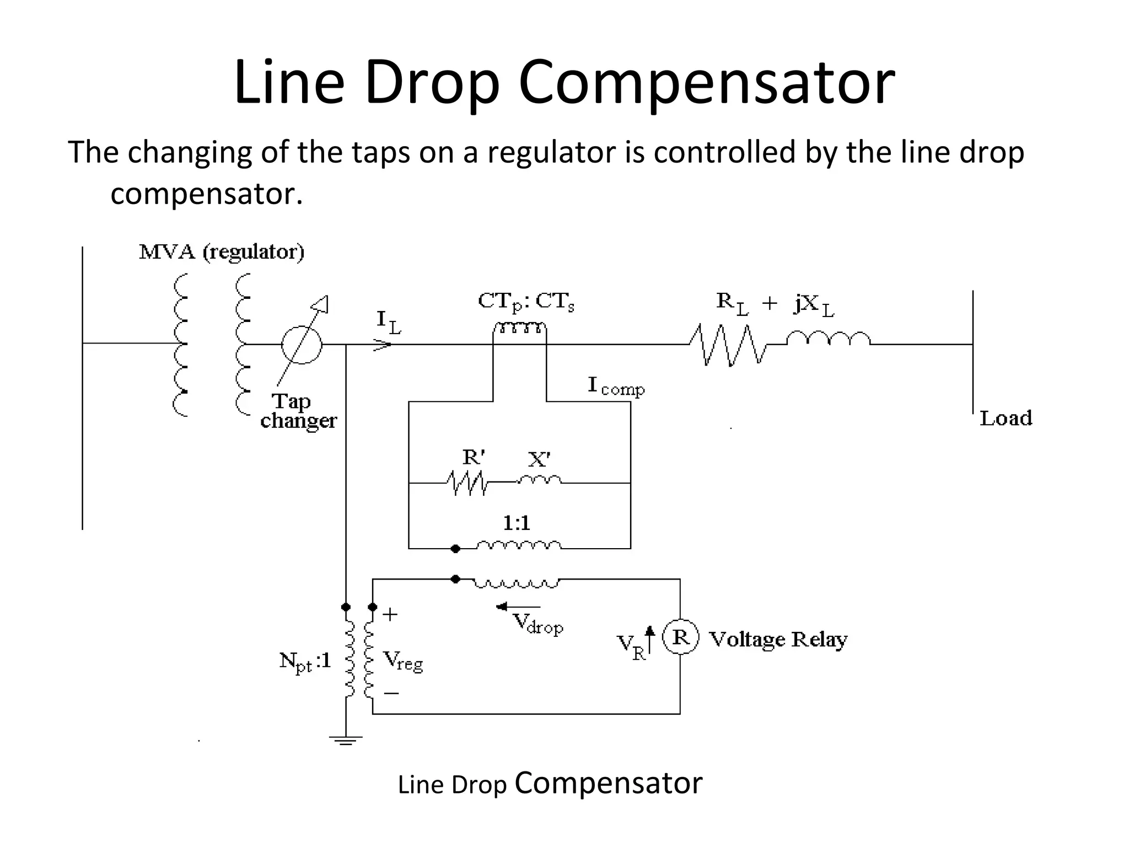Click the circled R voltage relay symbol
pos(681,637)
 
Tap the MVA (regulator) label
pos(222,253)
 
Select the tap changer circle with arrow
pos(302,344)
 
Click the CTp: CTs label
pos(526,302)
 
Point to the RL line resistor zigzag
pos(728,345)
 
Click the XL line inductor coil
pos(829,338)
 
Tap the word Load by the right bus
pos(1006,419)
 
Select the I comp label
pos(616,386)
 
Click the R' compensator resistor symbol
pos(467,483)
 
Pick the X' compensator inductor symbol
pos(539,480)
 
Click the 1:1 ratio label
pos(517,523)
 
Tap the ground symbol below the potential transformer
pos(346,740)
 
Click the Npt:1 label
pos(305,661)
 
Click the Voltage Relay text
pos(778,639)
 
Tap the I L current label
pos(389,322)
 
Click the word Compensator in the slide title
pos(707,83)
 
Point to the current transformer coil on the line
pos(520,329)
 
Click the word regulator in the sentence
pos(551,153)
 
